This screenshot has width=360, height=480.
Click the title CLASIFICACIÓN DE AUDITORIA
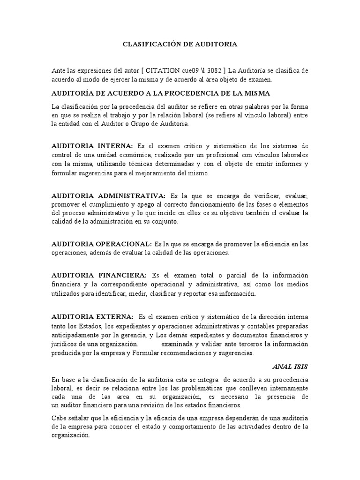coord(180,45)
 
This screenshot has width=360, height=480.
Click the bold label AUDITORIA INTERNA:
coord(92,146)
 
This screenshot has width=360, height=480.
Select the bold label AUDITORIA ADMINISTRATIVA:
coord(108,195)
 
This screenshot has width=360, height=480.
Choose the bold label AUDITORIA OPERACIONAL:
coord(102,244)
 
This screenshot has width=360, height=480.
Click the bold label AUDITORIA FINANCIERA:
coord(99,275)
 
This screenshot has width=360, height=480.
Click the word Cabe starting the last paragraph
coord(60,419)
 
